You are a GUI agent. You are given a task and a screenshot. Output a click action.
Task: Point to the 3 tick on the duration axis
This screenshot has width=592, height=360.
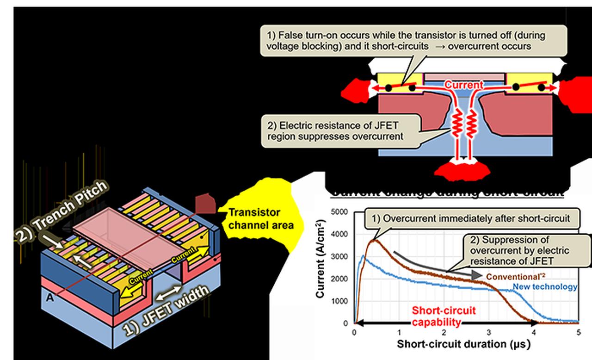coord(489,332)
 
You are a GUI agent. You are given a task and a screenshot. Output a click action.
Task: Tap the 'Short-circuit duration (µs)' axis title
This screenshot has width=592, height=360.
coord(463,345)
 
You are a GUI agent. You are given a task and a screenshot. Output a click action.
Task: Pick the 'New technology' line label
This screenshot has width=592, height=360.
coord(545,287)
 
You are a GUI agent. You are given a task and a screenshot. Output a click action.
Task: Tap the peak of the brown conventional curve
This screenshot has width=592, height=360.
coord(374,240)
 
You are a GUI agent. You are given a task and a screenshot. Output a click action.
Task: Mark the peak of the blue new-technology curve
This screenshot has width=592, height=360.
coord(363,255)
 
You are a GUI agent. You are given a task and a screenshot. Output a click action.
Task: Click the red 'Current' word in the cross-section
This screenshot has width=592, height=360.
coord(463,85)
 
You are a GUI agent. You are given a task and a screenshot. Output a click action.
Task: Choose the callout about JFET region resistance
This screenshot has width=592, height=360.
coord(340,131)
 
